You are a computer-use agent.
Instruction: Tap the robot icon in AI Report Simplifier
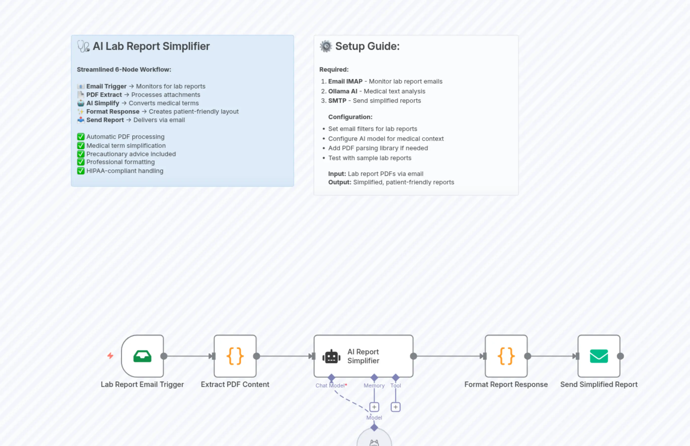click(x=331, y=357)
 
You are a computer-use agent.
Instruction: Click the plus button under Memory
click(x=374, y=407)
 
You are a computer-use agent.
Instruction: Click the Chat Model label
click(x=330, y=385)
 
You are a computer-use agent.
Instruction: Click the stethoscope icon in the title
click(x=83, y=46)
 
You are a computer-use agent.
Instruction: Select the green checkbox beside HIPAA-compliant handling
click(x=81, y=171)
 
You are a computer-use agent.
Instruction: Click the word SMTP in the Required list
click(x=337, y=101)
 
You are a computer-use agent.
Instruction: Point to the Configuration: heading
click(x=350, y=117)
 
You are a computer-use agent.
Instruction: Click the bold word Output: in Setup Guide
click(x=340, y=182)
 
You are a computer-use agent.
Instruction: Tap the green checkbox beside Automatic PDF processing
click(x=81, y=137)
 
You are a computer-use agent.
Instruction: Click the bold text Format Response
click(x=113, y=111)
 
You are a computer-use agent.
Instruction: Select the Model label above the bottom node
click(x=374, y=417)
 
